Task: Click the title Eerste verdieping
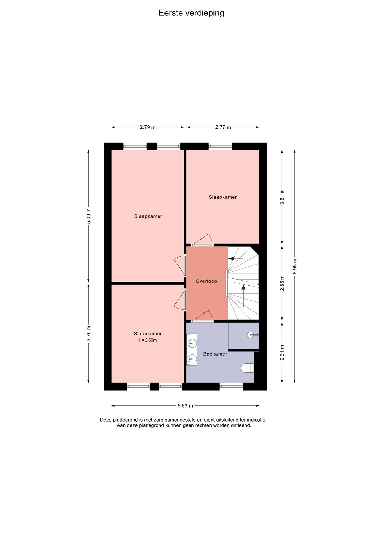point(191,13)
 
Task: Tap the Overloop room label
point(206,281)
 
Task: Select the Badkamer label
point(215,354)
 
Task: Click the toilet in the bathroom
point(248,368)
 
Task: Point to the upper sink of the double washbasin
point(192,343)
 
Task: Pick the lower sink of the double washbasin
point(192,359)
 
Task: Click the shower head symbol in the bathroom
point(250,335)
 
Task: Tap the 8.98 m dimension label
point(295,266)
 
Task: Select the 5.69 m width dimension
point(185,406)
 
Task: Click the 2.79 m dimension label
point(148,127)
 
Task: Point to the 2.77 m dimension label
point(223,127)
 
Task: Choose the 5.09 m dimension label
point(89,216)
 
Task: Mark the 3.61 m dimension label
point(282,197)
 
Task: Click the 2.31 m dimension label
point(282,352)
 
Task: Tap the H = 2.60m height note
point(147,340)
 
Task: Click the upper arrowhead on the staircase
point(230,258)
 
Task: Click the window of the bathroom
point(231,386)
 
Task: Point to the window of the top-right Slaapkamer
point(220,146)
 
